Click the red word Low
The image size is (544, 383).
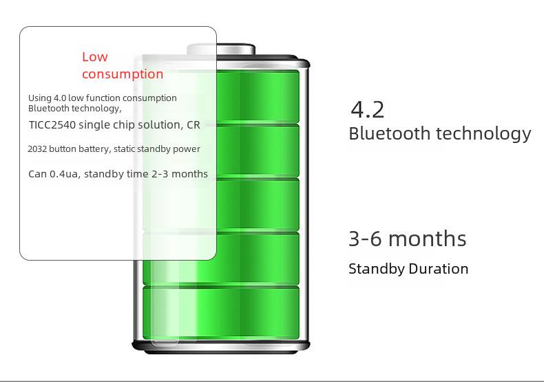point(95,57)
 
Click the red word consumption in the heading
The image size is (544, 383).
point(123,74)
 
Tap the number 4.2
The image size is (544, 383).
point(368,110)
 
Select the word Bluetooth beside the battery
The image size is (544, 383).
point(389,133)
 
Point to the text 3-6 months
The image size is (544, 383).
point(407,239)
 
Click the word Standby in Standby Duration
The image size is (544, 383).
point(377,269)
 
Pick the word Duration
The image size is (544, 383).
point(439,269)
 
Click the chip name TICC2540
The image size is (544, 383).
point(52,124)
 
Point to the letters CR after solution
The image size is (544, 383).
point(193,124)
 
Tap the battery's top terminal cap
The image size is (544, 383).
point(221,50)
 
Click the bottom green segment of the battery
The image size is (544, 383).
point(221,312)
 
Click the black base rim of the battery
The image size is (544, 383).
point(221,347)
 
